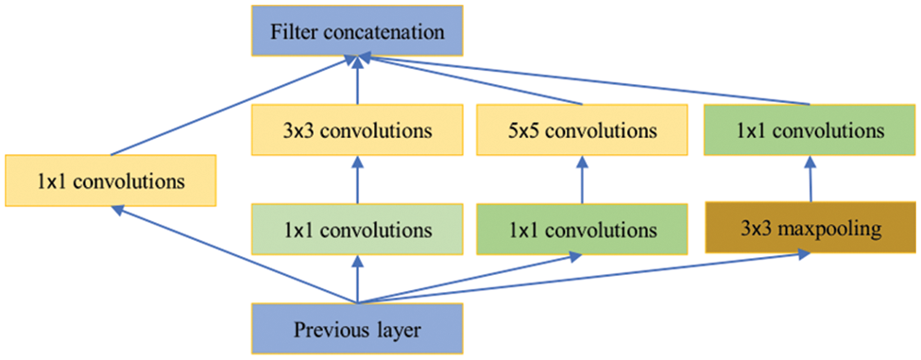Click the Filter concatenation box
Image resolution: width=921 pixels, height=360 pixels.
point(357,31)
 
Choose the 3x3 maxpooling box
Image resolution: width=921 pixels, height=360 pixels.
point(810,230)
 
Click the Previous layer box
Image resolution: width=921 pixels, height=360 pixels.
point(357,330)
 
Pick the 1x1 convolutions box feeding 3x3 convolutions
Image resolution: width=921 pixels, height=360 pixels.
point(357,230)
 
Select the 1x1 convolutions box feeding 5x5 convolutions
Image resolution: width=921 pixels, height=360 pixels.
point(579,230)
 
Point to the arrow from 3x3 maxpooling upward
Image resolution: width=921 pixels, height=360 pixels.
point(810,180)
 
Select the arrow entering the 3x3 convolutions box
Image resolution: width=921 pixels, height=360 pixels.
point(357,180)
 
